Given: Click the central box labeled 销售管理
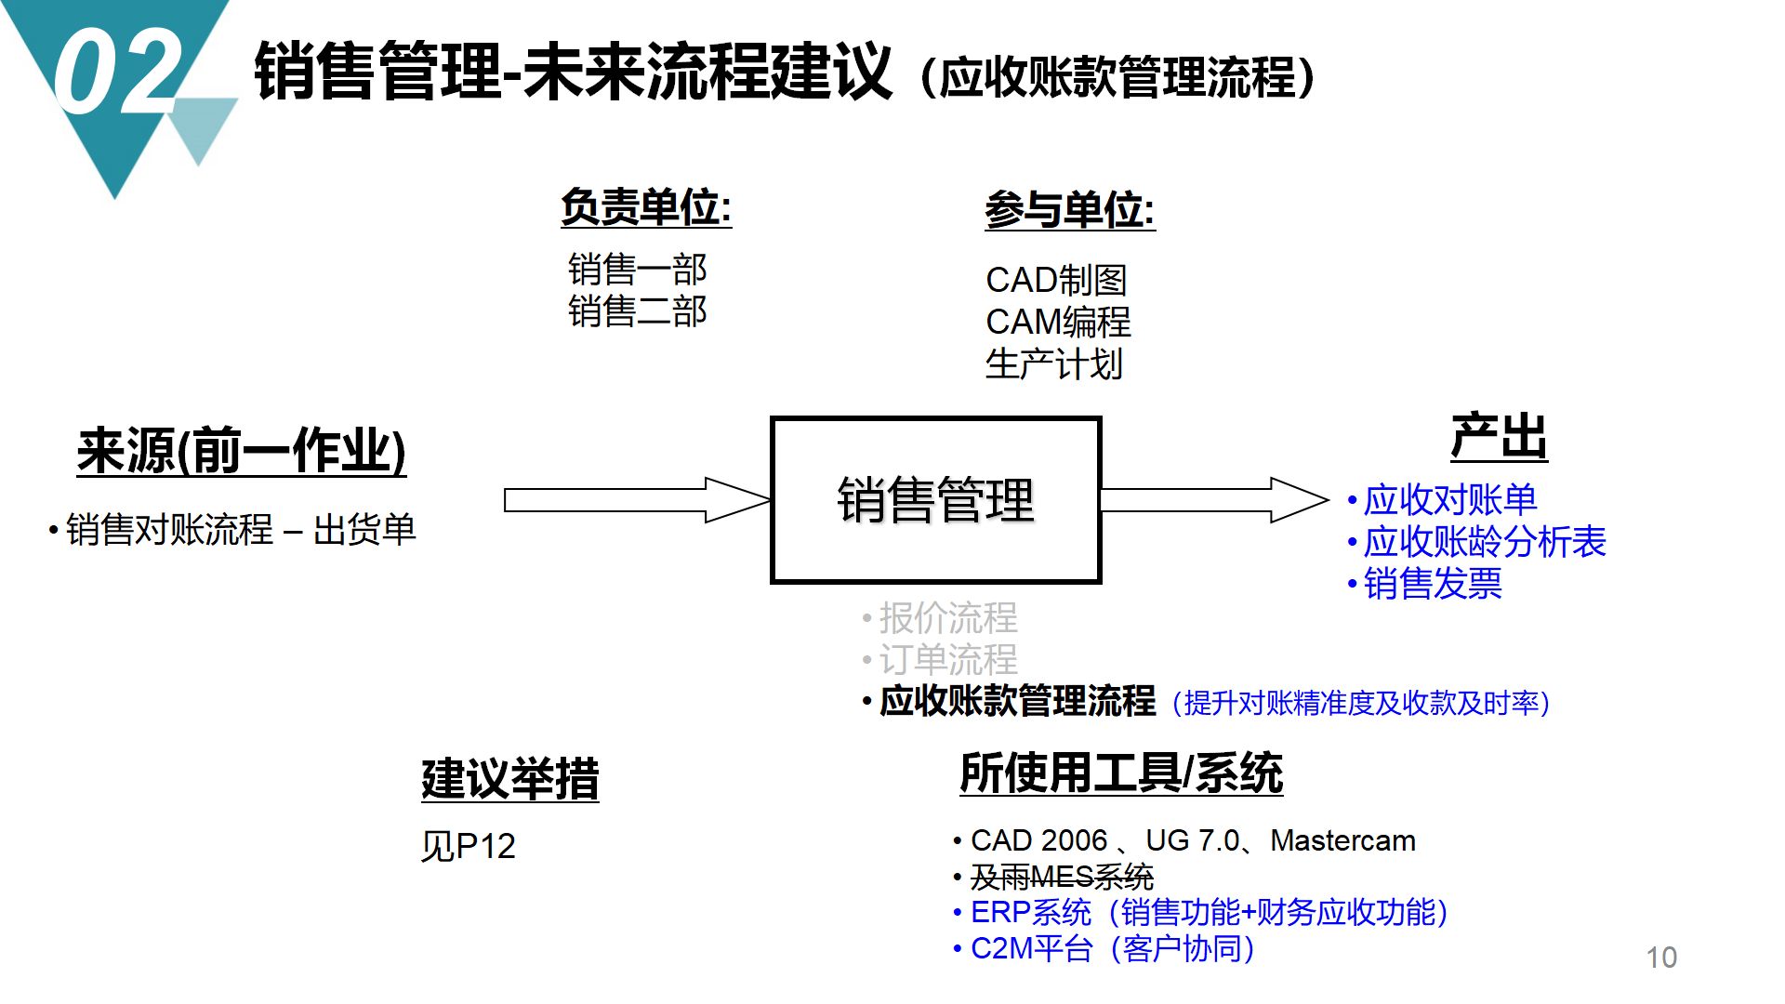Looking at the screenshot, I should click(935, 500).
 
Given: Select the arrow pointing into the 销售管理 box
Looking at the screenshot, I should click(637, 500).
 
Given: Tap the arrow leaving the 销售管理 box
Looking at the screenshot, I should click(1213, 500).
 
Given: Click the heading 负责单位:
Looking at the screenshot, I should click(646, 207).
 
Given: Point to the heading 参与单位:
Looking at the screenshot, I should click(1069, 210).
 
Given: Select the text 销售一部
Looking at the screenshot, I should click(638, 270).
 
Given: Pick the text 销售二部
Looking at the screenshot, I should click(638, 311).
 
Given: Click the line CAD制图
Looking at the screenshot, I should click(1056, 280).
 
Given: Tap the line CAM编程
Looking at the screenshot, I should click(1058, 323).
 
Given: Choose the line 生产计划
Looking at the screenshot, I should click(1054, 364).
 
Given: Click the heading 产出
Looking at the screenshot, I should click(1499, 437).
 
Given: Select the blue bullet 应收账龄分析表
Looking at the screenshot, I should click(1484, 542).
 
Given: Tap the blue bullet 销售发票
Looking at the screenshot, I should click(1432, 584).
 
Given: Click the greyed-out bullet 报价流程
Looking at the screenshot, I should click(947, 617).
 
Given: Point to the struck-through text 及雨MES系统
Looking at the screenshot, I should click(1062, 877).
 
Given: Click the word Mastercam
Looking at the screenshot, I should click(1342, 840).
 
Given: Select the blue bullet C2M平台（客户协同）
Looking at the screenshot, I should click(1112, 949).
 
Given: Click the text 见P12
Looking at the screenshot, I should click(468, 846).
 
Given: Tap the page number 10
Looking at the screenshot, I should click(1660, 958).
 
